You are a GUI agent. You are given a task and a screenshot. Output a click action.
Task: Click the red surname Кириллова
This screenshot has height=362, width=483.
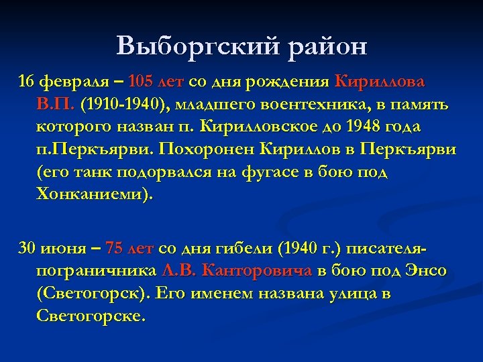380,82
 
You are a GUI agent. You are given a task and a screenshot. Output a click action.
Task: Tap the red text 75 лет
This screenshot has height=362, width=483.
130,249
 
